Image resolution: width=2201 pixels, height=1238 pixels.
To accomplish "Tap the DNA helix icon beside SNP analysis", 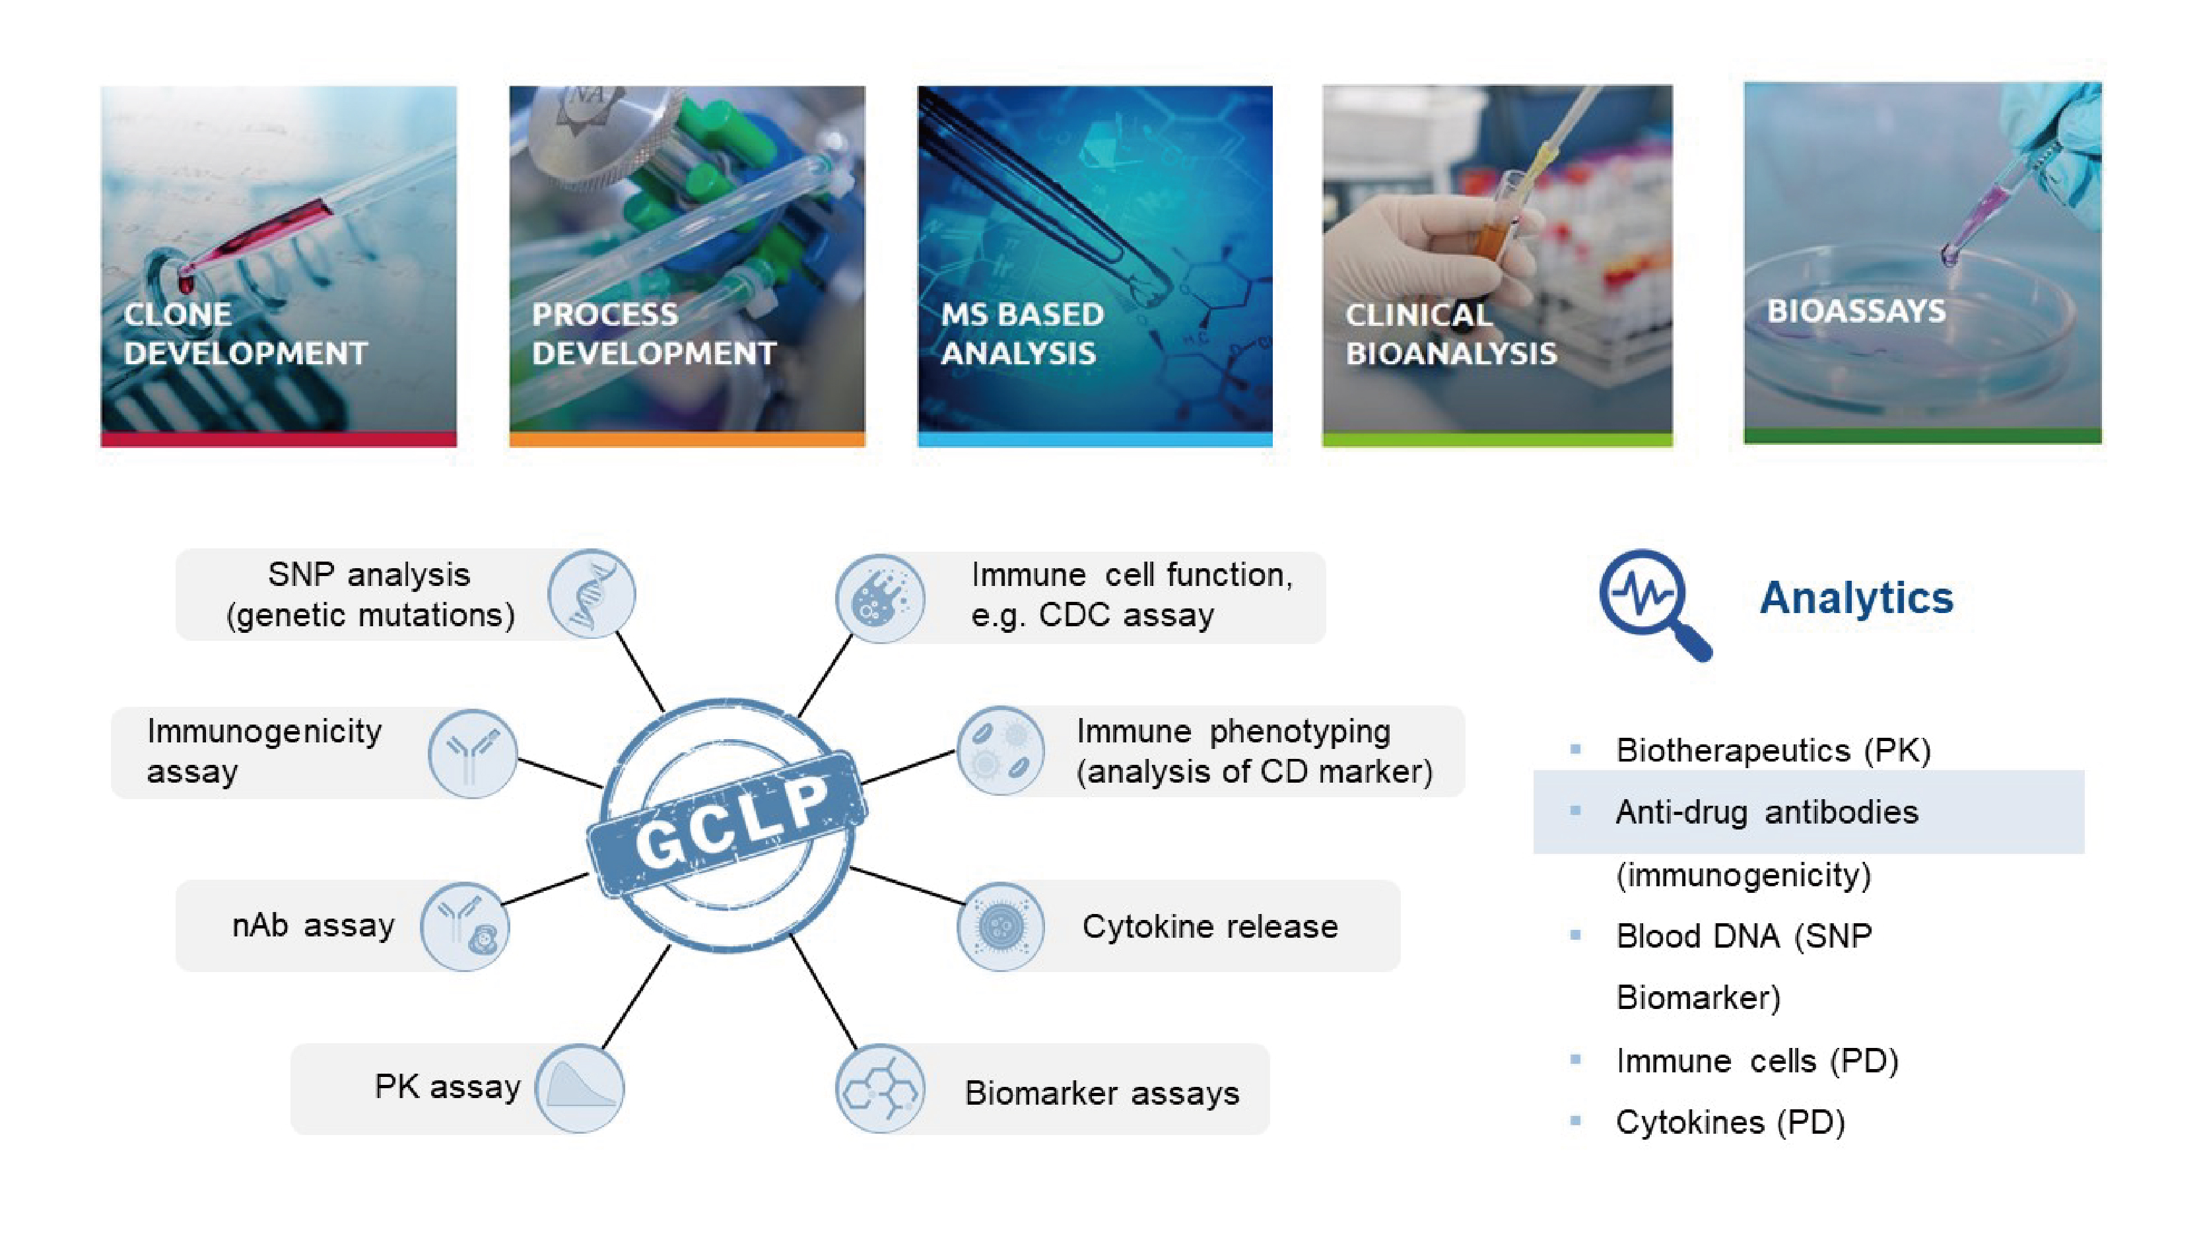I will [x=592, y=594].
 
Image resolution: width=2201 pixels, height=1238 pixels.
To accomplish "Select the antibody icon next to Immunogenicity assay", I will [x=471, y=753].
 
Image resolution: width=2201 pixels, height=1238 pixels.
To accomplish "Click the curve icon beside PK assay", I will [x=580, y=1088].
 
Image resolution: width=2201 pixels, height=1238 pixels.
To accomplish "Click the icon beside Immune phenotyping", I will [x=999, y=751].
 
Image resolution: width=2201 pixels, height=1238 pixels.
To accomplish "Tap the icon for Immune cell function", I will [x=880, y=597].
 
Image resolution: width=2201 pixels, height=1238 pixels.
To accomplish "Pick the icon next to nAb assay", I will [x=465, y=926].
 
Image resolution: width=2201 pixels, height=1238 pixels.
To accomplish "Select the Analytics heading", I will [x=1856, y=597].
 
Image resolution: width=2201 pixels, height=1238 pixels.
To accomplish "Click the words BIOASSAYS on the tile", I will [x=1856, y=311].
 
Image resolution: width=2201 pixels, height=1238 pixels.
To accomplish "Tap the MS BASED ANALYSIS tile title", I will [x=1022, y=334].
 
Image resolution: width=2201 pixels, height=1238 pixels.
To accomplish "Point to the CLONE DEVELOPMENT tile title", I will [x=245, y=334].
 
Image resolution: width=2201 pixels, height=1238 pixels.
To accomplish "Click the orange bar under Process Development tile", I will [x=687, y=439].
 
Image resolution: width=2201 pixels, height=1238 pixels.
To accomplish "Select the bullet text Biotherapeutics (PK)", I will [x=1773, y=750].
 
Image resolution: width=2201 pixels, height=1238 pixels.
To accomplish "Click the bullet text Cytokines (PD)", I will [x=1730, y=1122].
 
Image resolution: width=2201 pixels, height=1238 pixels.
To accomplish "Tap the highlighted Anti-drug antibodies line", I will [x=1767, y=812].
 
